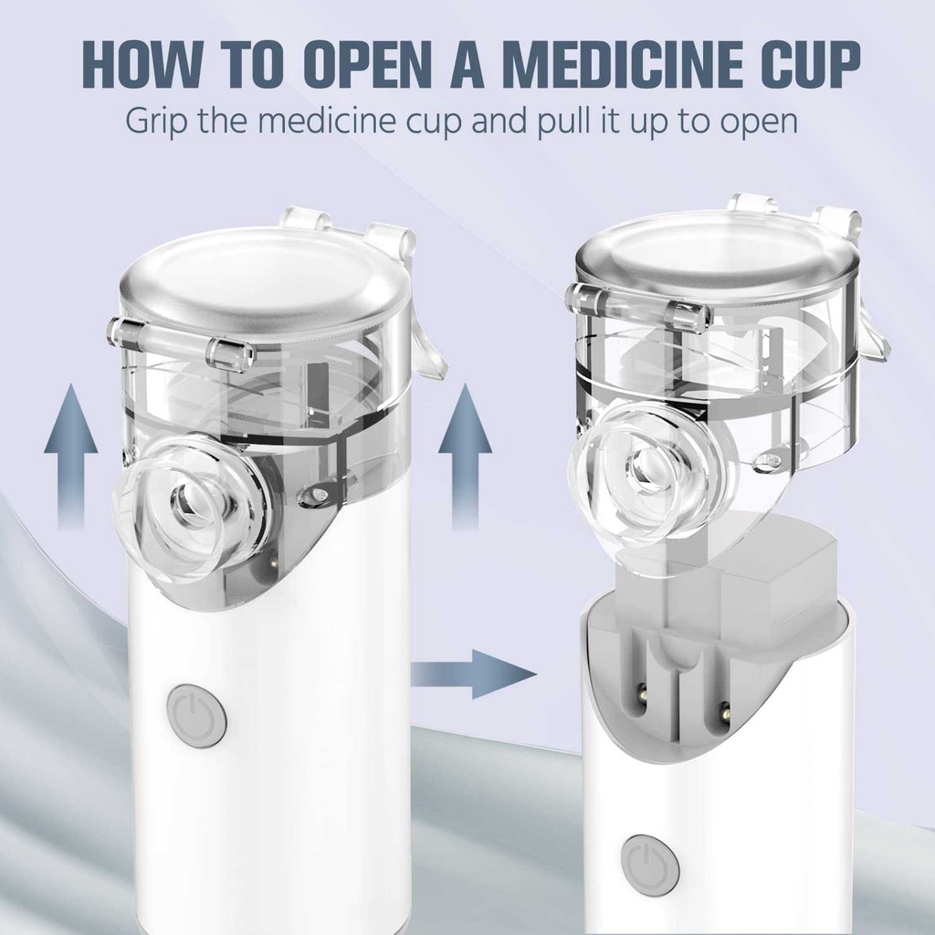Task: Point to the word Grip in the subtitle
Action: (x=155, y=121)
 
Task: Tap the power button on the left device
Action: (x=197, y=716)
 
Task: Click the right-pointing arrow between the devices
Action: (x=474, y=675)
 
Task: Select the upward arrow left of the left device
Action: (x=71, y=457)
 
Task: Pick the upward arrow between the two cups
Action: (x=465, y=457)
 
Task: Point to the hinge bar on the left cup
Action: (x=179, y=346)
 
